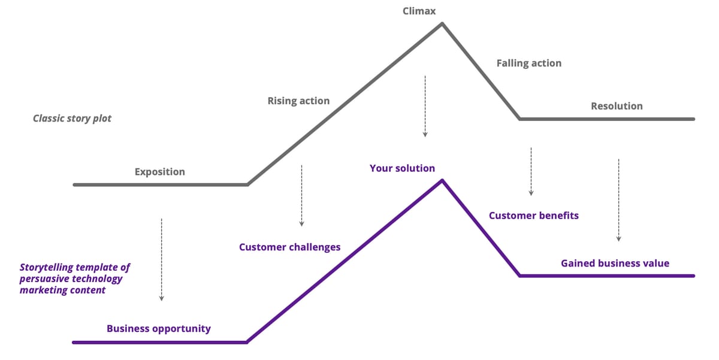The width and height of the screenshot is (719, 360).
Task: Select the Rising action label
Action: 298,101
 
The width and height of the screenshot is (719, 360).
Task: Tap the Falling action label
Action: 528,63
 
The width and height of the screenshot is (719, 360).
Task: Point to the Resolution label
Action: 617,106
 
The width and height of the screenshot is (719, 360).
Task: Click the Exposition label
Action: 159,172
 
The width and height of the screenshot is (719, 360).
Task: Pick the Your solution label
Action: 402,168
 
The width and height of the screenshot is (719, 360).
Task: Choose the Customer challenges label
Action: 289,247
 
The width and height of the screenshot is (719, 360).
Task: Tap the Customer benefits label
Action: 533,215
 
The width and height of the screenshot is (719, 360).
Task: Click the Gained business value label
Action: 615,263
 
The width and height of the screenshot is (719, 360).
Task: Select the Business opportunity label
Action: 158,328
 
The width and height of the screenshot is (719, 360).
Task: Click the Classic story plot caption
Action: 72,118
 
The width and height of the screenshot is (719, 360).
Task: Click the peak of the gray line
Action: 442,23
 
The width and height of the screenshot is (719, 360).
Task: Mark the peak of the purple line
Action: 442,180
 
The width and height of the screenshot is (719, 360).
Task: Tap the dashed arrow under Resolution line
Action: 618,200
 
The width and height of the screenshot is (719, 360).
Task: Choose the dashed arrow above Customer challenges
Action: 301,195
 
